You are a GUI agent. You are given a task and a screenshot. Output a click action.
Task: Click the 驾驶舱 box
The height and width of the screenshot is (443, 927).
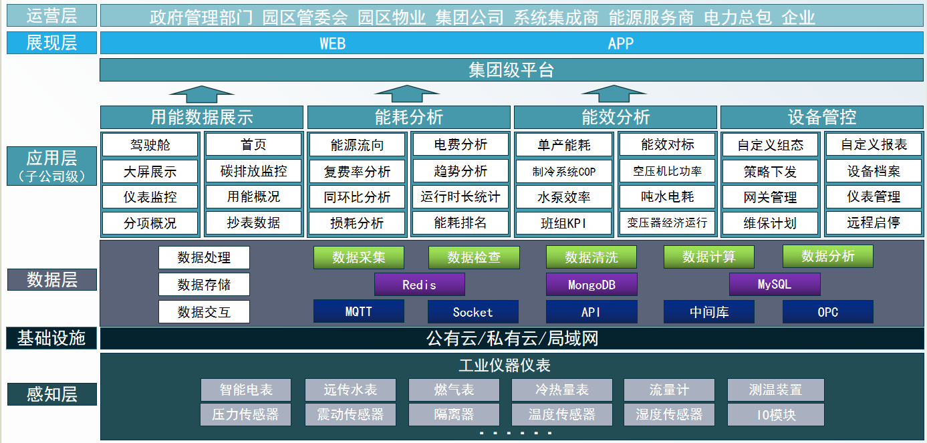(x=150, y=145)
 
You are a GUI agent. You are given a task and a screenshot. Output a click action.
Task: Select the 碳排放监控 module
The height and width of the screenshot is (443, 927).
(x=253, y=171)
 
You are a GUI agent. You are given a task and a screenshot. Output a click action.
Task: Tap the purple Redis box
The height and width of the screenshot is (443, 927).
(x=419, y=284)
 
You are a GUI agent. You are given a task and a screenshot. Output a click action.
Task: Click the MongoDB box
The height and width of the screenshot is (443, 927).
(x=591, y=284)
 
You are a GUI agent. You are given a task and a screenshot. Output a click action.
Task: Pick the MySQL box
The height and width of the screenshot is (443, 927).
(x=775, y=284)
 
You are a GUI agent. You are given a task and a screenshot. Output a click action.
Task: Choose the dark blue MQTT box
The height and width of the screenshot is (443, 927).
(x=358, y=311)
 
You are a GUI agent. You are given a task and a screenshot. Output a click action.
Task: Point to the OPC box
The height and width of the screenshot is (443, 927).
(x=827, y=311)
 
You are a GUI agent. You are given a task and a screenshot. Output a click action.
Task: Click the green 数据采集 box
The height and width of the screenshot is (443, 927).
(x=358, y=257)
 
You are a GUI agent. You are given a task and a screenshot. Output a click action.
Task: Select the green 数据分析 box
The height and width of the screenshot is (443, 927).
(x=827, y=257)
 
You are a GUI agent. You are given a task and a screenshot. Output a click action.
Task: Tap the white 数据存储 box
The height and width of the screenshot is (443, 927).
(x=204, y=284)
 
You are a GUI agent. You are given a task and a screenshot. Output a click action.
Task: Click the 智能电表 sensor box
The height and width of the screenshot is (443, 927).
(x=246, y=390)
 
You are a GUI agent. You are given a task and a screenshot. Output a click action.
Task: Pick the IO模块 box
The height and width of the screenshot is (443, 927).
(x=775, y=414)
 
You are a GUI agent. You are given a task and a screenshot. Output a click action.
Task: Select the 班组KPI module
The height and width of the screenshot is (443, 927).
(x=563, y=223)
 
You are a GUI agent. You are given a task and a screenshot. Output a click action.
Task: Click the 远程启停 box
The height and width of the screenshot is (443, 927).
(x=874, y=223)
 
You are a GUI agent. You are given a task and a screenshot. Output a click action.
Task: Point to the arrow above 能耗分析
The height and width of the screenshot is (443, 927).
(x=407, y=94)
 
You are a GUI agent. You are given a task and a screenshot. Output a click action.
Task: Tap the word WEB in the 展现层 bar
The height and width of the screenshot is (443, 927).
(x=332, y=43)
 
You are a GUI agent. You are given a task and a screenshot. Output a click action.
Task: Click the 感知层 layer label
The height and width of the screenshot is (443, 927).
(x=51, y=394)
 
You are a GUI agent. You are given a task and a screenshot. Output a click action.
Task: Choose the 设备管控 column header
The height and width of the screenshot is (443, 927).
(x=822, y=117)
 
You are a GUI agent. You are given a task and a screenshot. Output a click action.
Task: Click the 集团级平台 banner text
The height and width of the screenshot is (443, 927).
(x=511, y=70)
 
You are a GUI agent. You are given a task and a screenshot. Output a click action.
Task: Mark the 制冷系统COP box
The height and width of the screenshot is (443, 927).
(x=563, y=171)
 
